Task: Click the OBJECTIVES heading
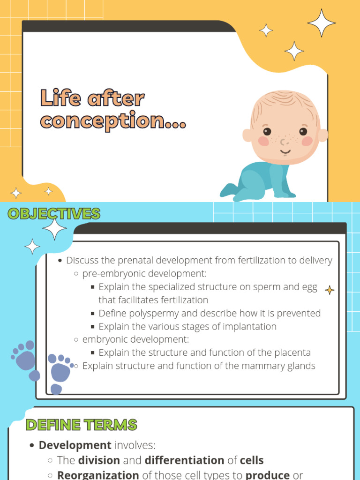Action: (54, 214)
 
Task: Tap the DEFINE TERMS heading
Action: (81, 425)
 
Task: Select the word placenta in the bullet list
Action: (292, 352)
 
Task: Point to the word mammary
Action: (258, 366)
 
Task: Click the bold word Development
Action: (75, 445)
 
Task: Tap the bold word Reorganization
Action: (97, 475)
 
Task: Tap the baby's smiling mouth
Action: (285, 152)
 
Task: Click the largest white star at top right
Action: (322, 22)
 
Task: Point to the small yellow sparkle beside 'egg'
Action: (330, 290)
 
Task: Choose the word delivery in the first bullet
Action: (316, 260)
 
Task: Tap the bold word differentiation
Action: (184, 460)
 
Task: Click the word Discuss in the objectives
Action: (82, 260)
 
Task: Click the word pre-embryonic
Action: (111, 273)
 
